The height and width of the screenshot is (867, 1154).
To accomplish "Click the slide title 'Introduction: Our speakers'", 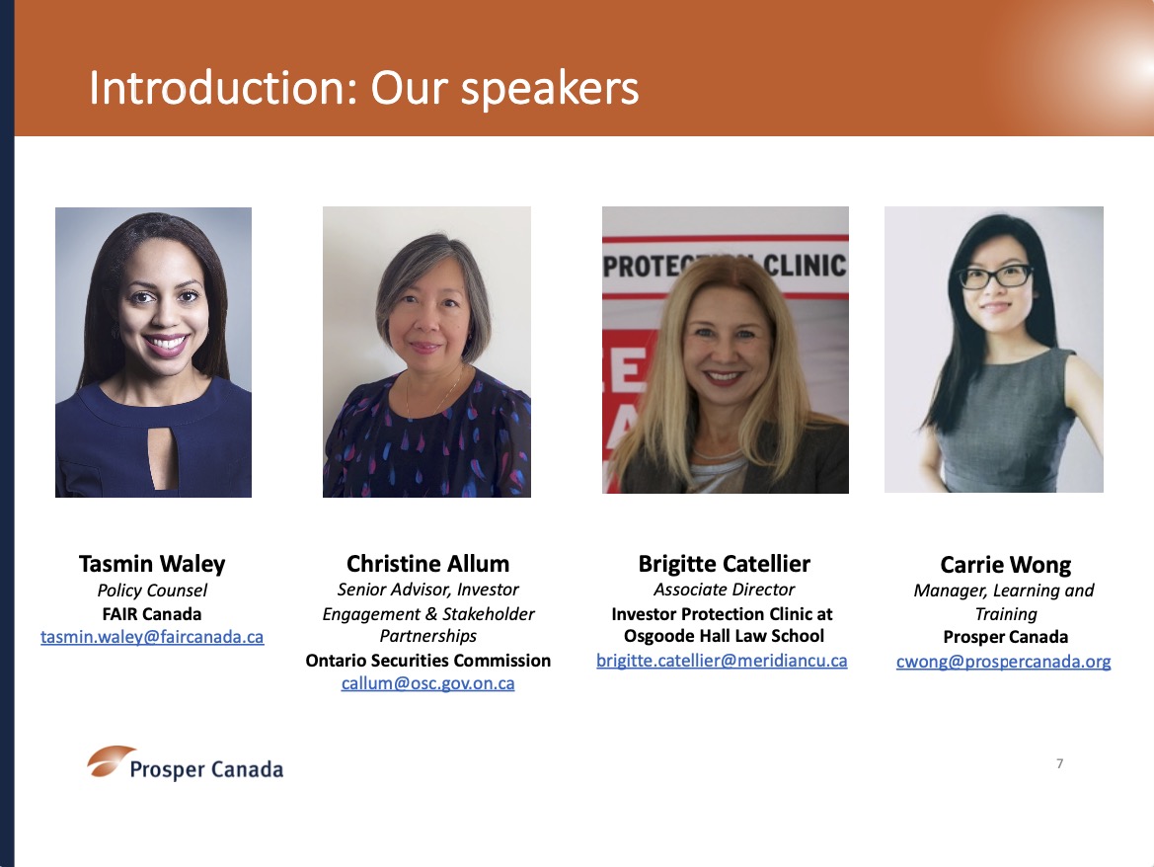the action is click(x=363, y=89).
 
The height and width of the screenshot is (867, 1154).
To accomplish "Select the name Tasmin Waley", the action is click(x=152, y=564).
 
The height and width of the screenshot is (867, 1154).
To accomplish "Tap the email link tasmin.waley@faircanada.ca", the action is click(x=152, y=637).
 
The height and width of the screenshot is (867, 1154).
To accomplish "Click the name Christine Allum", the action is click(x=427, y=564).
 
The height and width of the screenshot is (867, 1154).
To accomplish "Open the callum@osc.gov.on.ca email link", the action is click(x=427, y=683).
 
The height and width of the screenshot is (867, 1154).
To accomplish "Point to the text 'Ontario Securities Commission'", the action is click(x=427, y=661).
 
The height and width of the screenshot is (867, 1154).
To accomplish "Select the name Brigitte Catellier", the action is click(x=725, y=564).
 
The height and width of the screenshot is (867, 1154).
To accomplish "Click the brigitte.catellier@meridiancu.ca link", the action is click(x=722, y=661).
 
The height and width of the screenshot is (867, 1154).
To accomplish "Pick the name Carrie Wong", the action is click(x=1005, y=565).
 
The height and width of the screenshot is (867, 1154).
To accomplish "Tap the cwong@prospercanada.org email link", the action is click(x=1004, y=662).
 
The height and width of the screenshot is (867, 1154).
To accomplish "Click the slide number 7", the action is click(x=1060, y=763).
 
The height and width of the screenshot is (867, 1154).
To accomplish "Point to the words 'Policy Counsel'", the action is click(x=152, y=591).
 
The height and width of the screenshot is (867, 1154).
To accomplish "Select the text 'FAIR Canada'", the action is click(x=152, y=614).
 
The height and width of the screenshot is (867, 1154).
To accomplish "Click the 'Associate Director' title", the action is click(x=725, y=590).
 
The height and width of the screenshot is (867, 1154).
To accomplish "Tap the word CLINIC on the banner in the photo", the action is click(x=805, y=265).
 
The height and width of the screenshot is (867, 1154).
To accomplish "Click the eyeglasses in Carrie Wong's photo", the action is click(x=994, y=276).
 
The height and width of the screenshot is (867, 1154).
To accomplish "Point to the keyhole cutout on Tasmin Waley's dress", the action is click(x=162, y=457).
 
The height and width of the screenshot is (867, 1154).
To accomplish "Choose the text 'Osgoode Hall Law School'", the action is click(x=725, y=636).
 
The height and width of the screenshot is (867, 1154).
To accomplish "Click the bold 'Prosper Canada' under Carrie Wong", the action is click(x=1005, y=637).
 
